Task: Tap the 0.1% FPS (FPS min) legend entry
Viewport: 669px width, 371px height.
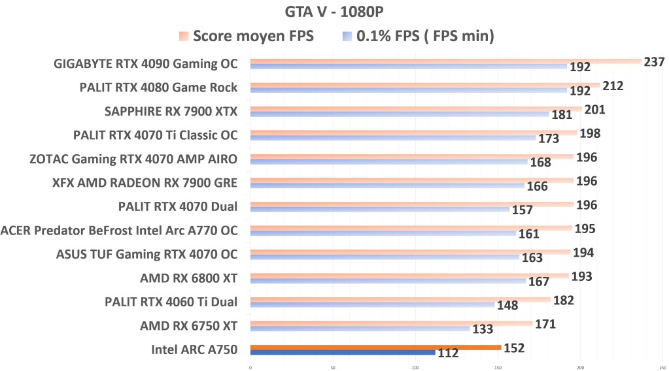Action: coord(418,36)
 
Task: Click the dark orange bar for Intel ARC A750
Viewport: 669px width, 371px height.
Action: coord(375,347)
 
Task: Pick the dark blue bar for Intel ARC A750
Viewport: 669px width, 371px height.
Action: coord(343,353)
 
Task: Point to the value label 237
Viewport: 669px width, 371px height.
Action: coord(654,62)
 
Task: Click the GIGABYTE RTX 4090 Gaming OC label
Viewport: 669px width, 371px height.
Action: coord(145,64)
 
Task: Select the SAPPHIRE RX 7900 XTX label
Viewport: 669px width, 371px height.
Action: coord(171,111)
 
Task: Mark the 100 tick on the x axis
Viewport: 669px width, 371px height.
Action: coord(415,366)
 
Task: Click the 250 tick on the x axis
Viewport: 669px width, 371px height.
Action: coord(662,366)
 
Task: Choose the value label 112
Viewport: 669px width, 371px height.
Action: coord(448,353)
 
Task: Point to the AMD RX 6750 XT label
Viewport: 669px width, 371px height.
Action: coord(188,325)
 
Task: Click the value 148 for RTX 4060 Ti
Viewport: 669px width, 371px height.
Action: coord(507,306)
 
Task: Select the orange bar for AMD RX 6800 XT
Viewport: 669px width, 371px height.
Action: coord(409,276)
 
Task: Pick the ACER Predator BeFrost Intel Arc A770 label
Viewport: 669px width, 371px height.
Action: coord(119,230)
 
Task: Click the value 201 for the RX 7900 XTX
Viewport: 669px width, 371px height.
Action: coord(594,110)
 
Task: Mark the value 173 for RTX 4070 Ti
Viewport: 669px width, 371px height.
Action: coord(549,139)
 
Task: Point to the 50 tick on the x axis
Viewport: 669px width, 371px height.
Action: coord(333,366)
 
